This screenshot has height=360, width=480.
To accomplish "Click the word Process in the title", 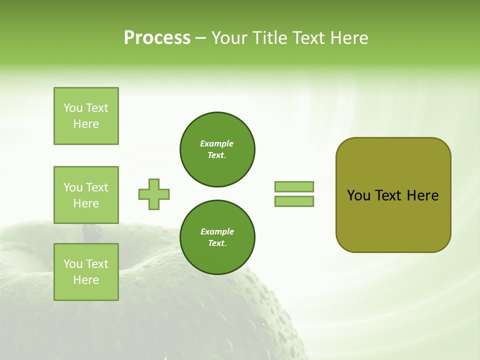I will click(x=156, y=38).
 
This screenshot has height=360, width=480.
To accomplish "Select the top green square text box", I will click(x=86, y=116).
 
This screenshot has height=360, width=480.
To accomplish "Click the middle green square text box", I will click(x=86, y=195).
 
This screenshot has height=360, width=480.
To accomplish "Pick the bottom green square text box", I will click(x=86, y=272).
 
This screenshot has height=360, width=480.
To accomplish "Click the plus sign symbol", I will click(x=154, y=194).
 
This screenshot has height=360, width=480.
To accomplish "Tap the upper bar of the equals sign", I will click(x=294, y=186).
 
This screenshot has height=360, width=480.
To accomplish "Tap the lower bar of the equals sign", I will click(x=294, y=201).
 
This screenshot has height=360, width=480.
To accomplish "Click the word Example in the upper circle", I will click(x=217, y=143).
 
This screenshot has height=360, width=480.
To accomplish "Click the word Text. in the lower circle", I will click(x=217, y=243).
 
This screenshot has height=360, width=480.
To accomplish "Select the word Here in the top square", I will click(x=86, y=124).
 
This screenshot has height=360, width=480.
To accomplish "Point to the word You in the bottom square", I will click(x=73, y=264).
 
